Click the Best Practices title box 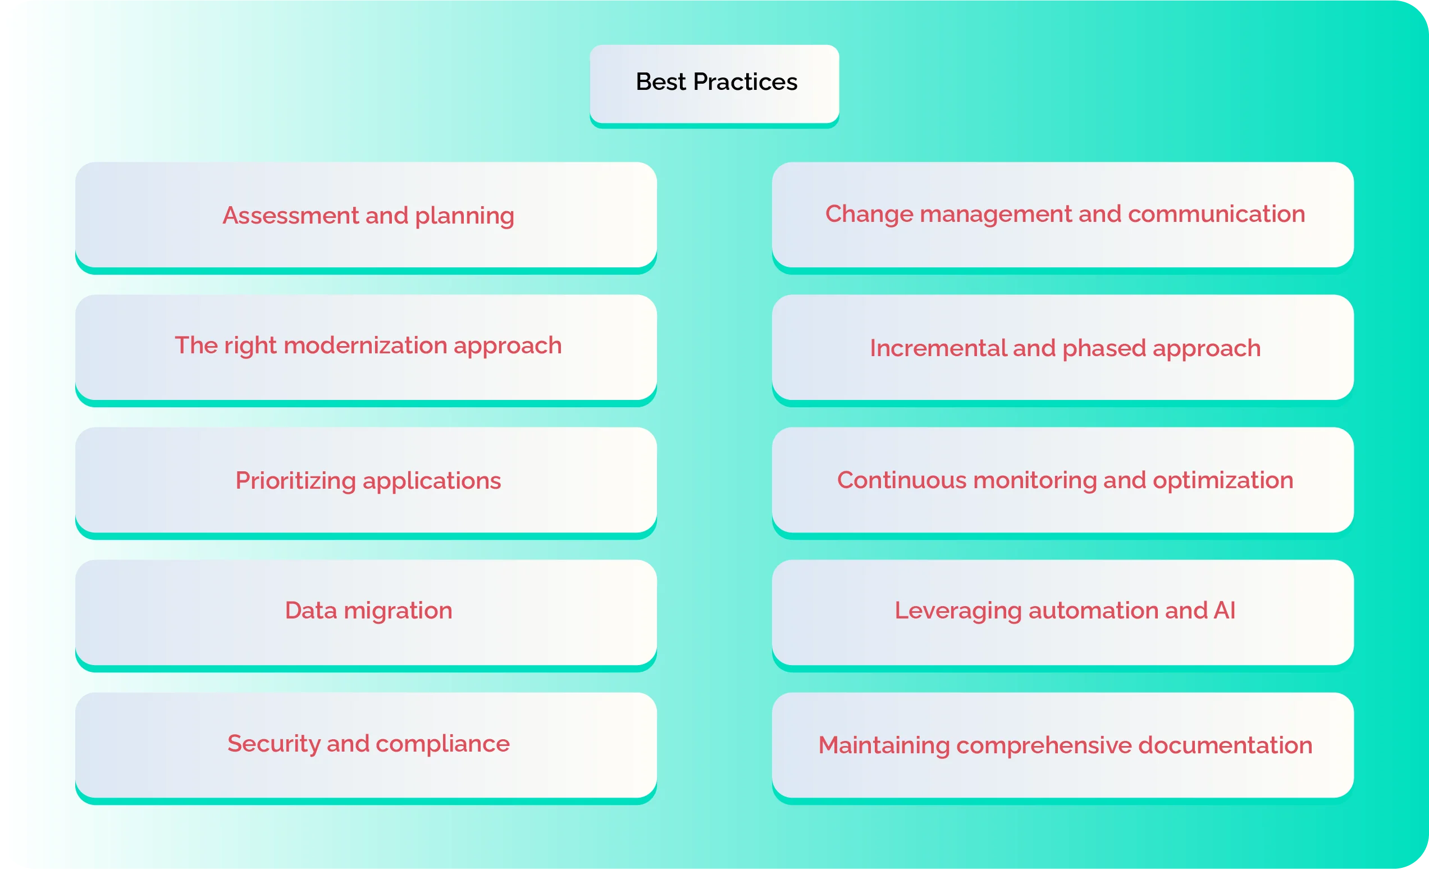click(x=714, y=84)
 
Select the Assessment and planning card click(x=366, y=215)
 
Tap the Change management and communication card click(x=1062, y=214)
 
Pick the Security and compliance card click(x=366, y=744)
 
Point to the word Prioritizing click(x=295, y=481)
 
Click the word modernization click(x=365, y=345)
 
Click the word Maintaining click(x=883, y=745)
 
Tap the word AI click(x=1224, y=610)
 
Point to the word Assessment click(x=290, y=216)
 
